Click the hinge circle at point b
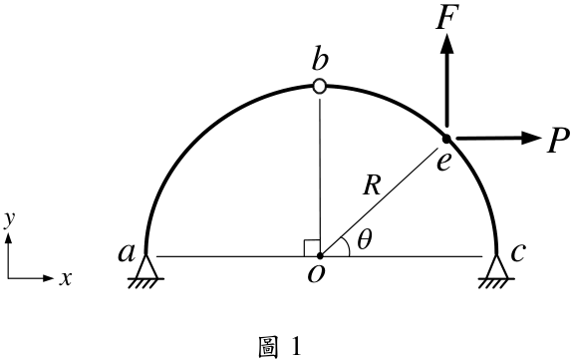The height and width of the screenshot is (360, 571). (319, 87)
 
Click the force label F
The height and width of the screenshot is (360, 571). (446, 17)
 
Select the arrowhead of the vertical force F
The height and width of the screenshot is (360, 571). (447, 43)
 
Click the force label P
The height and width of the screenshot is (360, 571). (558, 141)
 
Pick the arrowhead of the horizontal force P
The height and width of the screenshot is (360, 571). (532, 138)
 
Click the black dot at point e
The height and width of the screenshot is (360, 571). (446, 139)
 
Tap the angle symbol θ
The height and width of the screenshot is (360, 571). (365, 240)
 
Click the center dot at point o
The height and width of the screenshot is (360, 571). (320, 255)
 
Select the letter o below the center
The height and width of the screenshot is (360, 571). (315, 275)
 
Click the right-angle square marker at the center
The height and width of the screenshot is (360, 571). (312, 248)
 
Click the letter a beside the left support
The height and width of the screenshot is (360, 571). (127, 253)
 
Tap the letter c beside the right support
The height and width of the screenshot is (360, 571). (518, 253)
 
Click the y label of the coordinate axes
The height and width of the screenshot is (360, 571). (9, 220)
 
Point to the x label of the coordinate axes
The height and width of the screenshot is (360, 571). (66, 279)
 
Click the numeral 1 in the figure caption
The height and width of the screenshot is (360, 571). (296, 346)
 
